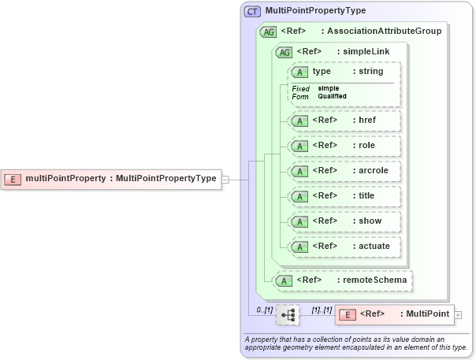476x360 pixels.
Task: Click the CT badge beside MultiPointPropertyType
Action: point(252,11)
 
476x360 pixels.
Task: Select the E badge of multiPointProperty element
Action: point(13,179)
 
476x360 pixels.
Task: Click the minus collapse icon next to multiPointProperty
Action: point(225,179)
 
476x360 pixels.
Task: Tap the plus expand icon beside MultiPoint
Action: point(458,314)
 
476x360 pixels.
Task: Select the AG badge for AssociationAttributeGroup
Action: point(268,32)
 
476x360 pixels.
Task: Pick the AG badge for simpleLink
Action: point(282,52)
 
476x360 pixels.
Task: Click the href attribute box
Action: point(344,121)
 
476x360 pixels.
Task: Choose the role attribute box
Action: point(344,146)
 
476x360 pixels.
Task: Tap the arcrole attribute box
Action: point(344,171)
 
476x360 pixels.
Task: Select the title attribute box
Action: point(344,196)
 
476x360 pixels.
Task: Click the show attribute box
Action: point(344,221)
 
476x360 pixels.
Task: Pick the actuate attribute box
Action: point(344,247)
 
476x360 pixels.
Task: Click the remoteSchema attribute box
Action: point(340,280)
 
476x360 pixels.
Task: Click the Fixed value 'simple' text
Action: point(329,88)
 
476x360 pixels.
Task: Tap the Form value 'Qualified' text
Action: point(332,96)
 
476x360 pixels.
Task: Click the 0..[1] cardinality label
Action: point(264,311)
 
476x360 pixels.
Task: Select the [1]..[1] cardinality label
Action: point(321,311)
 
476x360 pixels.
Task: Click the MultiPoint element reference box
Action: point(394,314)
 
